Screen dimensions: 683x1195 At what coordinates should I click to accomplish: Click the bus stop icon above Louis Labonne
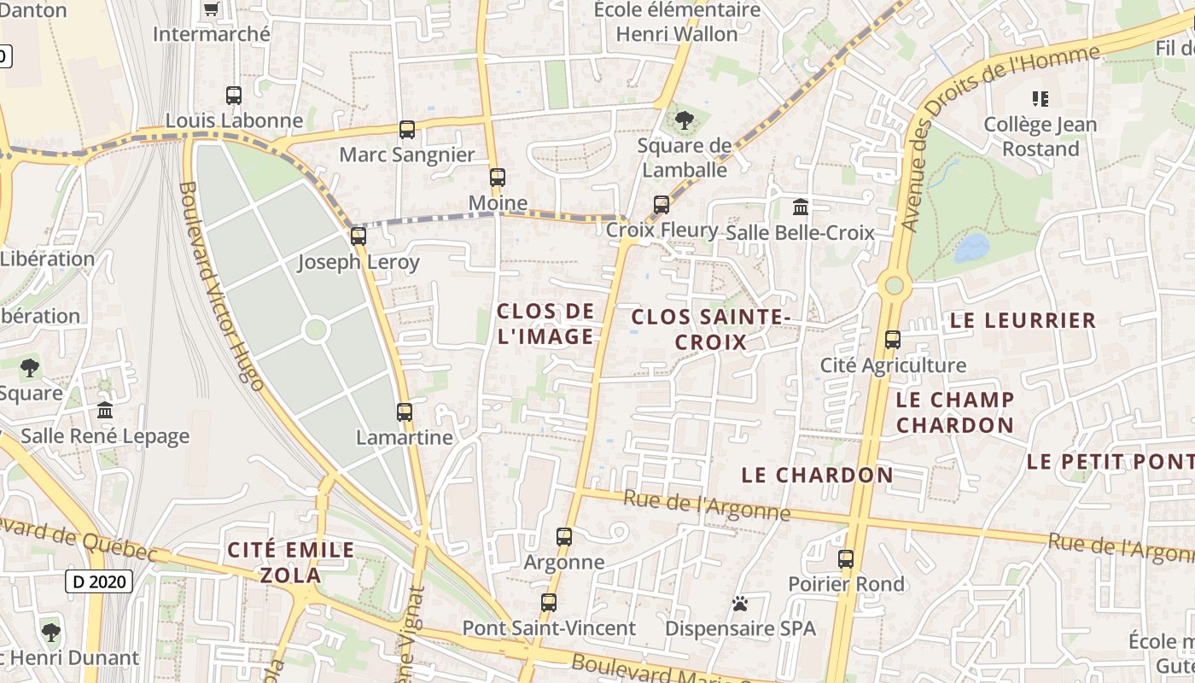click(234, 95)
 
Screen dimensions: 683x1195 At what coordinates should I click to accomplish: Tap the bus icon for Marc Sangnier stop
click(407, 130)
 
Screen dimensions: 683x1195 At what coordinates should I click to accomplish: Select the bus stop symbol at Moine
click(497, 178)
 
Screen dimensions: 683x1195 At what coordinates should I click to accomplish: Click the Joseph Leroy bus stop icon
click(358, 236)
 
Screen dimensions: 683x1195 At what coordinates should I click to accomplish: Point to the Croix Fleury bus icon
click(662, 204)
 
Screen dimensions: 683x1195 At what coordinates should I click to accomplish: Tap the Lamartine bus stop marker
click(405, 412)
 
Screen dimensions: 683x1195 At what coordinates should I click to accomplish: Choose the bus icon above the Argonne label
click(564, 537)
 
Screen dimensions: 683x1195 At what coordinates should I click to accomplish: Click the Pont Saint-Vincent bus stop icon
click(549, 603)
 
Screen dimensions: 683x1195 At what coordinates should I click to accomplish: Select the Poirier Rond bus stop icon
click(846, 559)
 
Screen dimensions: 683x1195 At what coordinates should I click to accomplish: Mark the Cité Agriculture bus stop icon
click(893, 340)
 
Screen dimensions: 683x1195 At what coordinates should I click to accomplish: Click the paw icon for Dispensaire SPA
click(740, 604)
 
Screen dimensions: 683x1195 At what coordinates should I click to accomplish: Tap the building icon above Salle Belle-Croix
click(801, 207)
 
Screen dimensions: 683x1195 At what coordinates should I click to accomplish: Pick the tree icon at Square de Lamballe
click(684, 120)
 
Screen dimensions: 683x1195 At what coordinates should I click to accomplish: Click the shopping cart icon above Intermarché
click(211, 9)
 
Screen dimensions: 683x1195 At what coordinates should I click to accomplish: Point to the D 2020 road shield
click(100, 582)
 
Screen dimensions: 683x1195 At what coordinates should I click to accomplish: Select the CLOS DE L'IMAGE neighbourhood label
click(545, 324)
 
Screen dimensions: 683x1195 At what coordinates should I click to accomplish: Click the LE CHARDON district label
click(817, 475)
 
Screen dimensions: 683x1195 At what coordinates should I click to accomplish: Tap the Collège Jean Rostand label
click(1041, 137)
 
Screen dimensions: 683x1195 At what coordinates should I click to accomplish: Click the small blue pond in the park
click(972, 248)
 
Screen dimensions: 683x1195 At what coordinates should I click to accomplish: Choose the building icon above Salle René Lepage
click(105, 411)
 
